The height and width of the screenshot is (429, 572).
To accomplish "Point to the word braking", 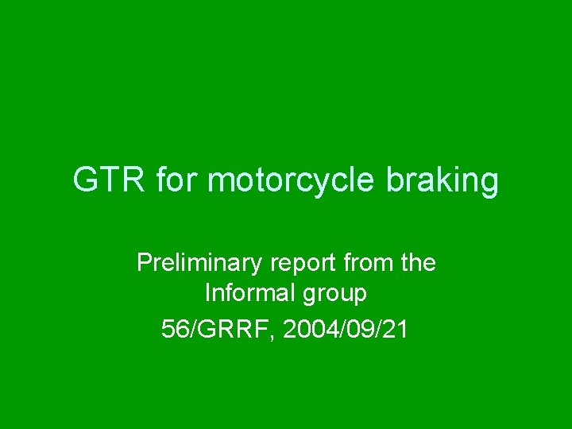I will point(443,182).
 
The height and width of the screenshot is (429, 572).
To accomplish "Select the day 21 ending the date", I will point(395,329).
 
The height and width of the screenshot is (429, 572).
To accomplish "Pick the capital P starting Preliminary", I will point(144,263).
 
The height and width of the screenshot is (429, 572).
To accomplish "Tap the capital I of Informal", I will point(208,294).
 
